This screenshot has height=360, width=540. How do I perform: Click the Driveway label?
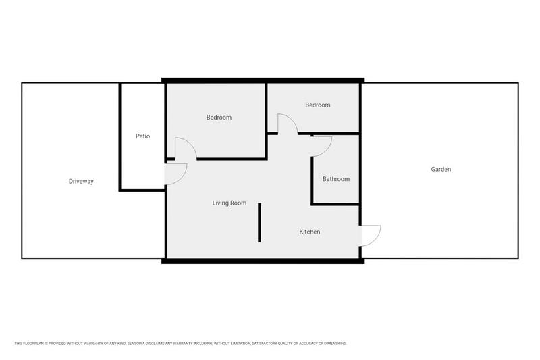(x=81, y=182)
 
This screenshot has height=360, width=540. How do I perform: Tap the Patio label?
(x=142, y=136)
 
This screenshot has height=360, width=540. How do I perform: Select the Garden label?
(x=441, y=169)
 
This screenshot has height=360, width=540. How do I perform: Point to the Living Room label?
(x=230, y=203)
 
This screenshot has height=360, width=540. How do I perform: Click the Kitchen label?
(x=310, y=232)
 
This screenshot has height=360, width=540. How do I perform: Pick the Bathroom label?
(x=335, y=179)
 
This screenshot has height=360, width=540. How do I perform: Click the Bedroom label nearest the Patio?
(x=219, y=118)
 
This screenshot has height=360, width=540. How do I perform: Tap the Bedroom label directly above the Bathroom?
(x=317, y=105)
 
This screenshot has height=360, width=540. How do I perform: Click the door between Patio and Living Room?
(x=175, y=174)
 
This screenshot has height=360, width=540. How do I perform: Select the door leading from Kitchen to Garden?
(x=371, y=235)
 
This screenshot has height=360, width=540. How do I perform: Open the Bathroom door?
(x=322, y=145)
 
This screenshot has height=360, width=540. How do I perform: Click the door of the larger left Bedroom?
(x=185, y=149)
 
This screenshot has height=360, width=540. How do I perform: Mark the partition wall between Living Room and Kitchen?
(x=259, y=222)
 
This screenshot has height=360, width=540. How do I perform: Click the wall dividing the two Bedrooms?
(x=267, y=108)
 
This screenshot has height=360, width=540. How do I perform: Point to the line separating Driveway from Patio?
(x=120, y=135)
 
